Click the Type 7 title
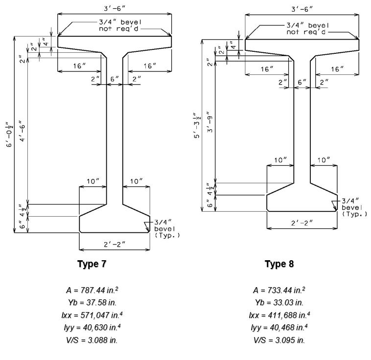click(x=92, y=264)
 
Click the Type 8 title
click(x=279, y=264)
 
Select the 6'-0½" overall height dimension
click(x=10, y=135)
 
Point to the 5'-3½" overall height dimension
click(x=197, y=125)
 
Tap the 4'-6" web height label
click(x=22, y=131)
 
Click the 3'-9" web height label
click(x=210, y=121)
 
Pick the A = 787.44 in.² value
click(x=92, y=290)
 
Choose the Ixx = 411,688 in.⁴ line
click(x=279, y=315)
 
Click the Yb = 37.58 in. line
click(x=92, y=302)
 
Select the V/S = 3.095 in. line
click(x=279, y=340)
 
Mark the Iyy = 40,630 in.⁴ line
click(x=92, y=328)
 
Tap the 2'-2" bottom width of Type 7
click(x=115, y=245)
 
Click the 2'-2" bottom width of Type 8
click(x=302, y=223)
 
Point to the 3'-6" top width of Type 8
click(x=302, y=9)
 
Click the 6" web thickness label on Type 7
click(x=115, y=79)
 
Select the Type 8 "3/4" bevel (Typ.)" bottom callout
click(x=354, y=207)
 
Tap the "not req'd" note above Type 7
click(x=118, y=29)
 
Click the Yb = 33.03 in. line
click(x=279, y=302)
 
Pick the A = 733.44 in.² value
click(x=279, y=290)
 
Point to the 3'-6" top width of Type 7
click(x=115, y=8)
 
